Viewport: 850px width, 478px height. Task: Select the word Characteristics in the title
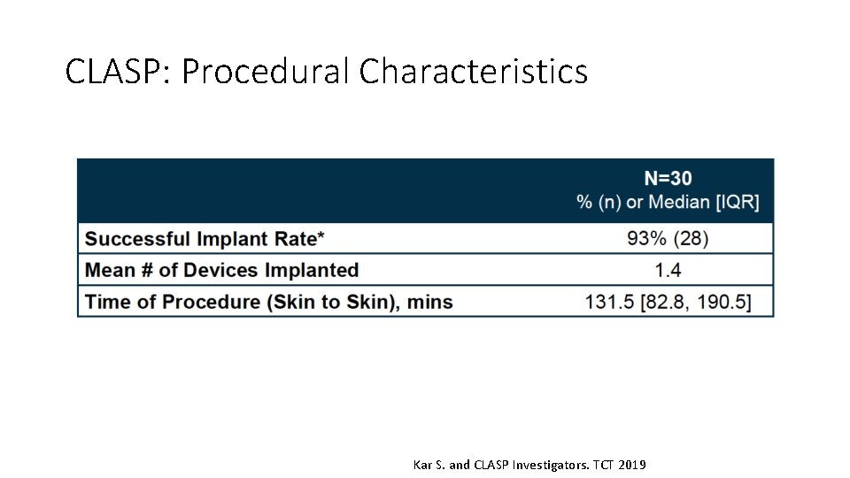tap(474, 71)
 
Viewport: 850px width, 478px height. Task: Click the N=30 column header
tap(668, 178)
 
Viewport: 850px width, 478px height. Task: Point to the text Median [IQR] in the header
tap(704, 202)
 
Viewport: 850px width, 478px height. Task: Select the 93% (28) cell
tap(668, 238)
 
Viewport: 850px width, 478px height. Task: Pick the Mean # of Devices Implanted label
tap(221, 270)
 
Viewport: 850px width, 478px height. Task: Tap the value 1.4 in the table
tap(668, 270)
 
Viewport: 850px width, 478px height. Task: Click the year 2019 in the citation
tap(632, 465)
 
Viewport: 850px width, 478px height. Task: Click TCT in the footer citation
tap(603, 465)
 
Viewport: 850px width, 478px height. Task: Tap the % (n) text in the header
tap(598, 202)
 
